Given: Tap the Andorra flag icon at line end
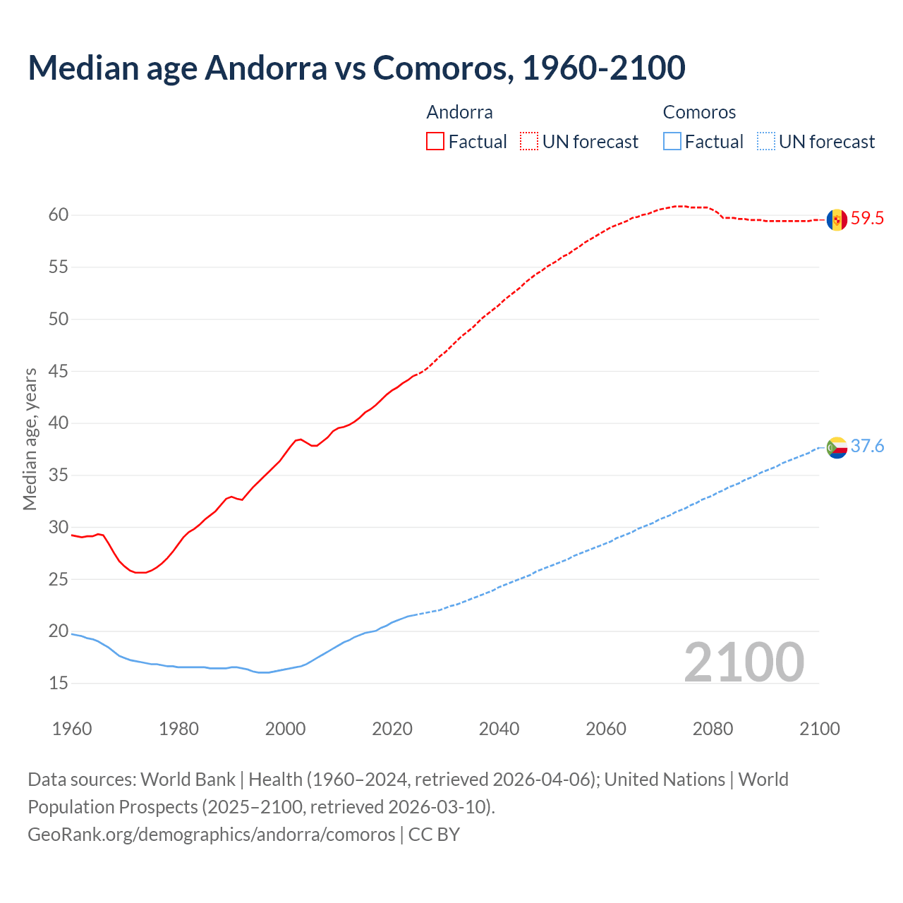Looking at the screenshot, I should tap(837, 219).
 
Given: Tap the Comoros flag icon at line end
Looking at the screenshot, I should tap(837, 447).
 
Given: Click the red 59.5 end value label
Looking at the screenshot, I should tap(867, 219).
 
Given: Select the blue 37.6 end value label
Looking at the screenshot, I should tap(867, 447).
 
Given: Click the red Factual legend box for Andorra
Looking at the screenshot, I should tap(435, 142).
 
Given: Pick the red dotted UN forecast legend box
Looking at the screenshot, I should tap(529, 142).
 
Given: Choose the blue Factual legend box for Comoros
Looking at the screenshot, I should tap(672, 142).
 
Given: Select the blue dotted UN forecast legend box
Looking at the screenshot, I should tap(766, 142).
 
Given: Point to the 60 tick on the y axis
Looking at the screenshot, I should tap(59, 215).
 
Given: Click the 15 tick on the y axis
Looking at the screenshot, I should tap(59, 684).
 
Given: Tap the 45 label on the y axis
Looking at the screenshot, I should tap(59, 371).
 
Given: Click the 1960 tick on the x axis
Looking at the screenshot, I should tap(72, 729).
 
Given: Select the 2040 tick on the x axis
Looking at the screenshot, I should tap(499, 729).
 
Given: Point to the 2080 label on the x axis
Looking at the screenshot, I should tap(713, 729).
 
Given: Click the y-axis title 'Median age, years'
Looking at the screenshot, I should tap(30, 439).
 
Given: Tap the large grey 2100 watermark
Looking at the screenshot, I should tap(744, 662).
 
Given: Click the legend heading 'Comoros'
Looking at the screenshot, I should tap(699, 112).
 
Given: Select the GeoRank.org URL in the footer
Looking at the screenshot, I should tap(212, 835).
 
